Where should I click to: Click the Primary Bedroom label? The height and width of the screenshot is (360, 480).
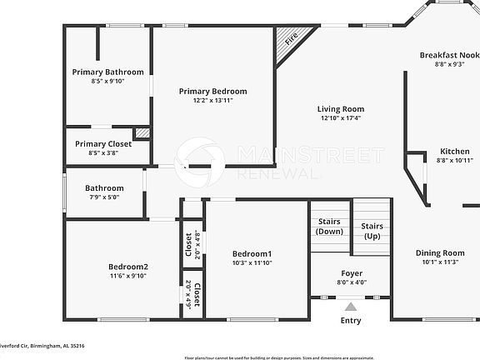[212, 92]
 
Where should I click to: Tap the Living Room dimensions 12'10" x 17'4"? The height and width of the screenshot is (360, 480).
[341, 118]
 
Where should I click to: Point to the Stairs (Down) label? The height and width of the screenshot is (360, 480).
[330, 226]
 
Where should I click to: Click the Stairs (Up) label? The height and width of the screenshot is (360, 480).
[372, 231]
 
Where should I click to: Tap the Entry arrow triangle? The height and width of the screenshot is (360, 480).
[351, 307]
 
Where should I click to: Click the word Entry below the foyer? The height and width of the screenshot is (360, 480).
[351, 321]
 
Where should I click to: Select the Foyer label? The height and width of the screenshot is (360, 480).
[351, 273]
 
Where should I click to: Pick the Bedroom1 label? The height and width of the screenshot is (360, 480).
[252, 253]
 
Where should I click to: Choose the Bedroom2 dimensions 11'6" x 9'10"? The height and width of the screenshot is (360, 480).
[127, 276]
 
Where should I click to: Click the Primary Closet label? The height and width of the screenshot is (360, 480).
[103, 144]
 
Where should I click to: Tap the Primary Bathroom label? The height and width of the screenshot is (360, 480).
[107, 72]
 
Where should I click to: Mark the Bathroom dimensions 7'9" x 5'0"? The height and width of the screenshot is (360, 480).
[103, 197]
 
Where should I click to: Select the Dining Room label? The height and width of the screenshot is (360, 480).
[441, 252]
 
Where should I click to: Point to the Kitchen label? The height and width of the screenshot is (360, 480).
[455, 152]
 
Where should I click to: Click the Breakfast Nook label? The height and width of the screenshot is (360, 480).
[449, 55]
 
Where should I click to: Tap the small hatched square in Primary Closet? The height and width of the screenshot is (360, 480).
[142, 132]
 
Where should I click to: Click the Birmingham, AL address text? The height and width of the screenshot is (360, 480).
[42, 345]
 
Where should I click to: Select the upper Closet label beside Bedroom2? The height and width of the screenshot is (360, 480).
[188, 245]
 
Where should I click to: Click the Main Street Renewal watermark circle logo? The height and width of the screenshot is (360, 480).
[199, 158]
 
